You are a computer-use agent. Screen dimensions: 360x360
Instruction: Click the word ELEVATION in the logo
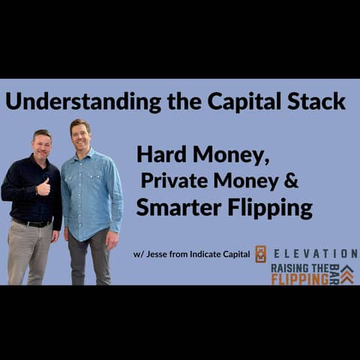pos(315,253)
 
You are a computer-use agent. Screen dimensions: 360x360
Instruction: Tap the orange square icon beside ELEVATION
pos(260,254)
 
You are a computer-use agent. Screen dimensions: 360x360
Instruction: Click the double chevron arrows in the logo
pos(346,275)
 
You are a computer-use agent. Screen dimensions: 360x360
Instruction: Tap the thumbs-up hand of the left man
pos(43,187)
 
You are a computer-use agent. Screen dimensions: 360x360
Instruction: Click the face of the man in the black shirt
pos(42,146)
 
